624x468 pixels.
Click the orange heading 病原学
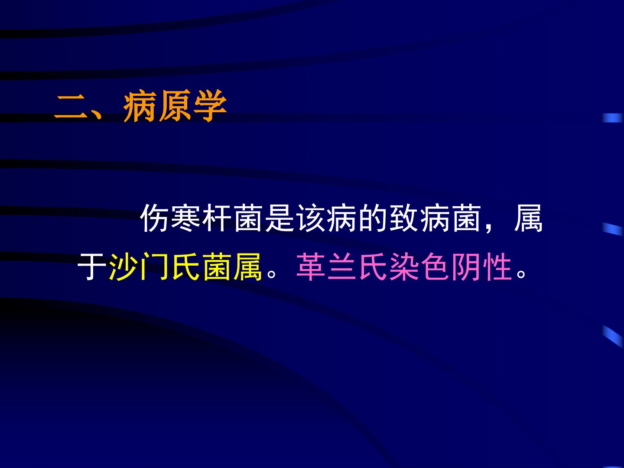point(175,106)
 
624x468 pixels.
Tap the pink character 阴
point(466,266)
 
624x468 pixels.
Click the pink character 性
point(497,266)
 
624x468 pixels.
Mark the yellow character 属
point(247,266)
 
